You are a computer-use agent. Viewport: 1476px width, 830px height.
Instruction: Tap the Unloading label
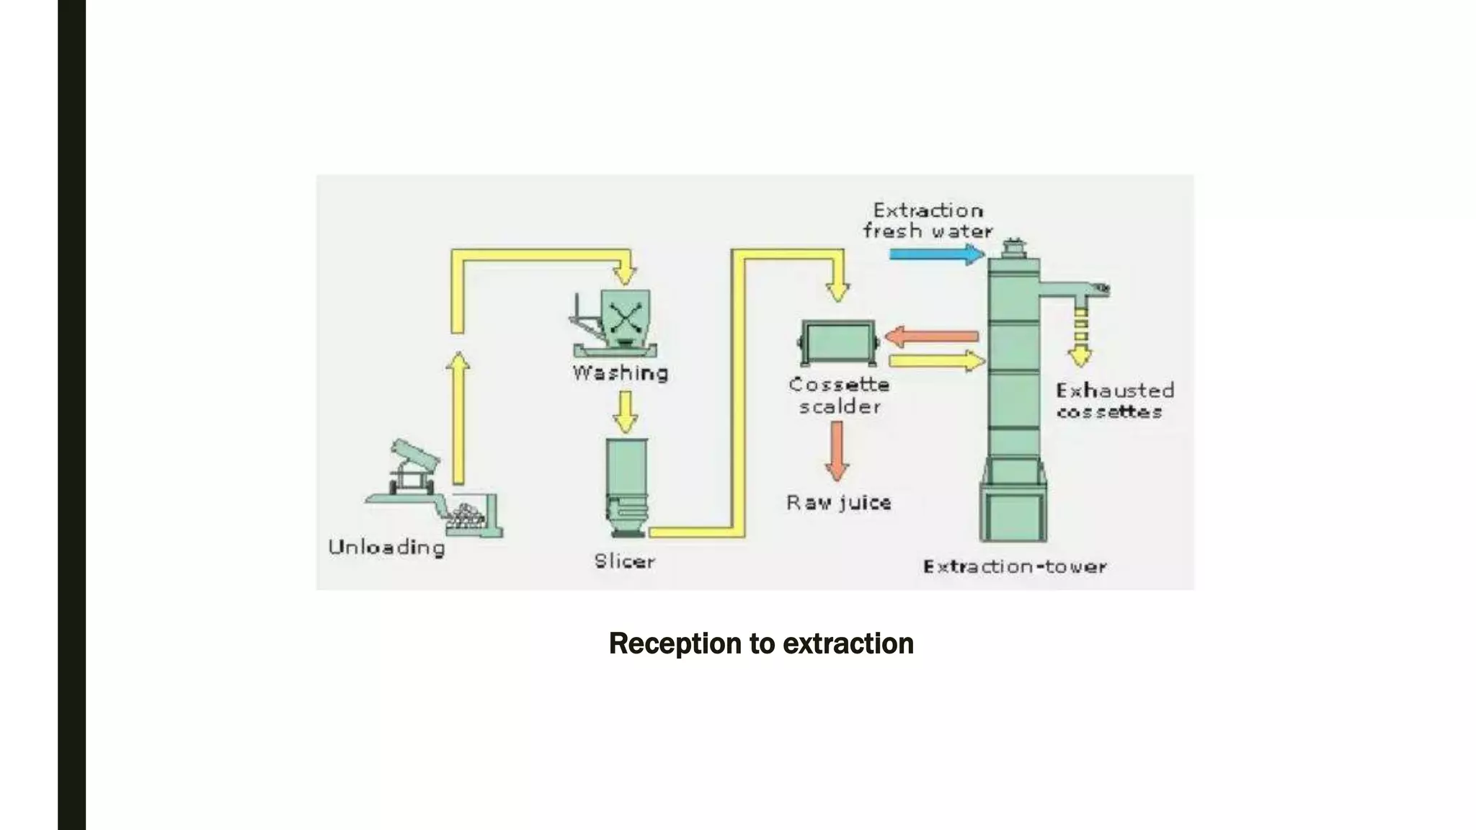(x=386, y=548)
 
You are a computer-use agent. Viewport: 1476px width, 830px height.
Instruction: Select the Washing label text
(x=621, y=373)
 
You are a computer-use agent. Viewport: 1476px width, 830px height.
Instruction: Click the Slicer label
(x=624, y=561)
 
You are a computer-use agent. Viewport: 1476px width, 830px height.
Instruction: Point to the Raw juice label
(x=838, y=502)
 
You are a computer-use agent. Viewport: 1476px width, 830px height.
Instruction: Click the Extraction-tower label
(x=1015, y=567)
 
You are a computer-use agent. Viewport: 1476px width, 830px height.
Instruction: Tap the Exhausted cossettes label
(x=1113, y=401)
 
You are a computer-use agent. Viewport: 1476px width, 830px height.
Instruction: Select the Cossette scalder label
(x=839, y=396)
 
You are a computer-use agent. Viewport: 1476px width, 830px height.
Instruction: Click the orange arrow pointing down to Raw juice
(x=836, y=451)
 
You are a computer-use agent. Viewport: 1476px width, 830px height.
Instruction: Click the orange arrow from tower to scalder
(x=931, y=336)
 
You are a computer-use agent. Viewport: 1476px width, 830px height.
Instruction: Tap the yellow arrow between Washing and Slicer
(x=625, y=411)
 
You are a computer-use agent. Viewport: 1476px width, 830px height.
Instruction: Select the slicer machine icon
(x=626, y=486)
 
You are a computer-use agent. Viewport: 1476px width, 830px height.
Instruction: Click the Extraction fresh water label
(x=928, y=220)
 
